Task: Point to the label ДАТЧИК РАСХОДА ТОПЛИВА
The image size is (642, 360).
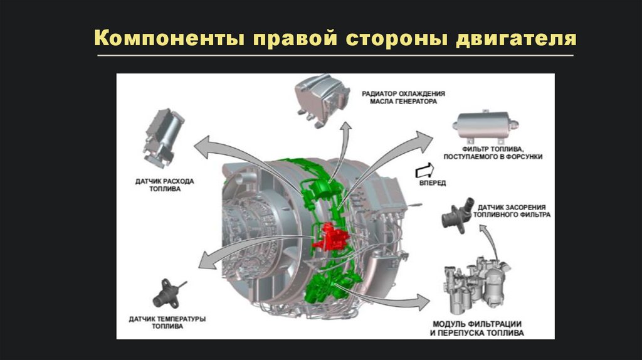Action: click(165, 184)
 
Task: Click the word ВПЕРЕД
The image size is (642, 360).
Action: click(432, 183)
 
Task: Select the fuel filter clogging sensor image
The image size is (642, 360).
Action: click(456, 214)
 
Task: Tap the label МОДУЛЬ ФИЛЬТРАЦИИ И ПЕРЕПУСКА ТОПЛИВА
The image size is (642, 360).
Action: click(478, 328)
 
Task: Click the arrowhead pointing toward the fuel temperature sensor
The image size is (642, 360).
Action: click(204, 258)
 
